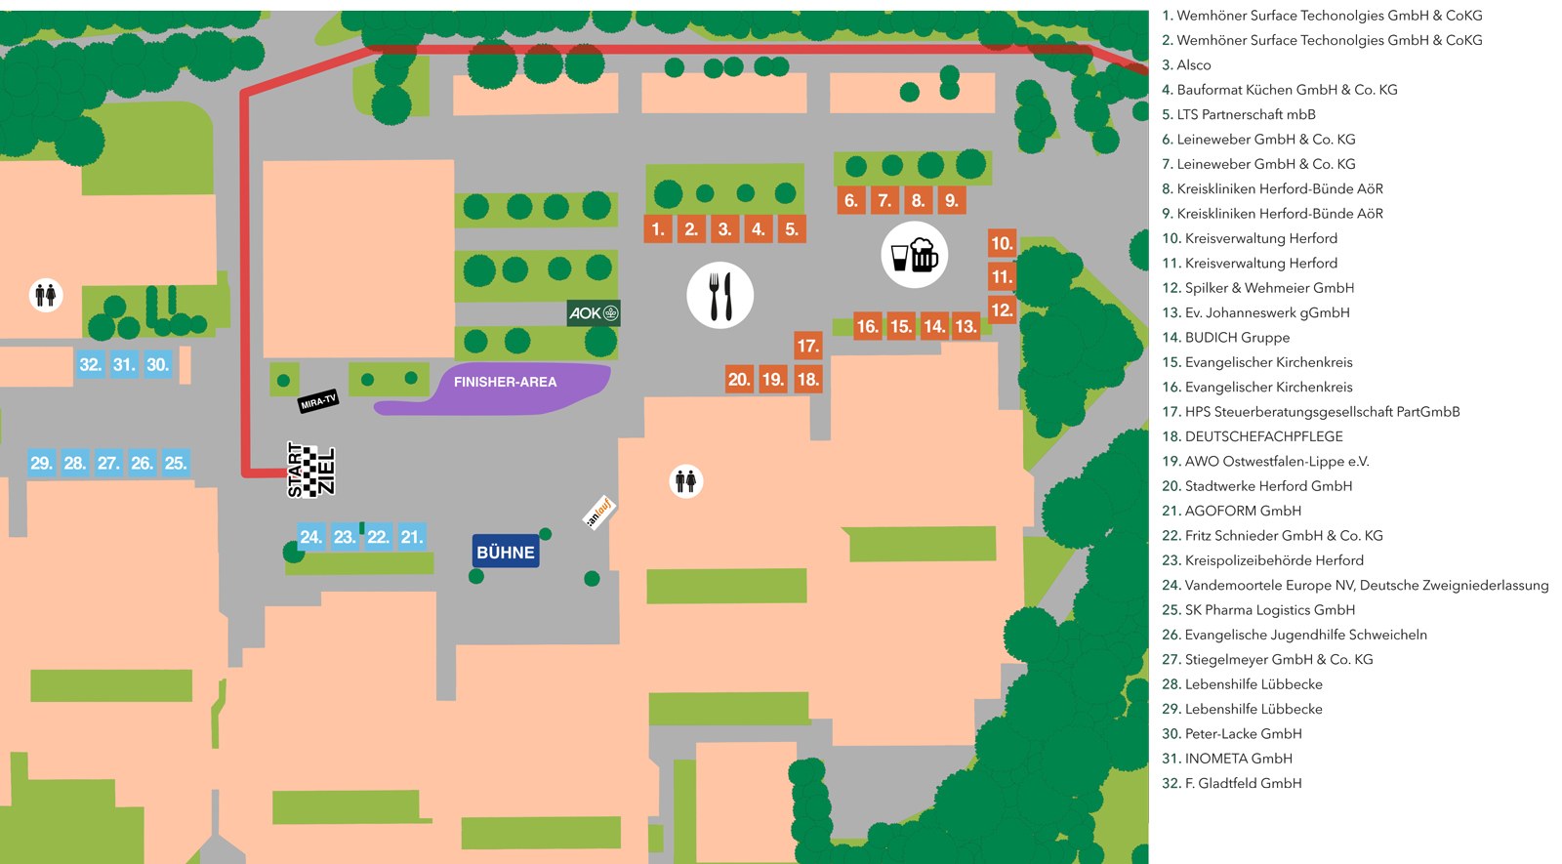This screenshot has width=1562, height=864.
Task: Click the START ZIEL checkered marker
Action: coord(311,470)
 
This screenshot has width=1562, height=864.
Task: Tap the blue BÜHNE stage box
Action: coord(506,552)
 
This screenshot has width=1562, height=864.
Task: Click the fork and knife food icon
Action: coord(719,295)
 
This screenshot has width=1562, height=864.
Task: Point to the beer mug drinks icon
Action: coord(914,255)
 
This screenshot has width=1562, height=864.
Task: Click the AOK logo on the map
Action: coord(594,313)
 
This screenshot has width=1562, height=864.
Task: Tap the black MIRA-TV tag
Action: coord(318,401)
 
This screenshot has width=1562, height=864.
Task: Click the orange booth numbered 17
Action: coord(807,346)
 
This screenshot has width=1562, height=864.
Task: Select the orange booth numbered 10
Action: coord(1002,243)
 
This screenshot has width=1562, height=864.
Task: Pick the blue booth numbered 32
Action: coord(91,364)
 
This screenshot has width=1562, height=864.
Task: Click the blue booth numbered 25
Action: coord(176,463)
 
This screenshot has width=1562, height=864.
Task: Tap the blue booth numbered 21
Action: coord(412,536)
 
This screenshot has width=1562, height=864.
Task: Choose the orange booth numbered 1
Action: coord(658,228)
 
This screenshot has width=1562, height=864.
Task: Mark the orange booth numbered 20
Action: coord(739,379)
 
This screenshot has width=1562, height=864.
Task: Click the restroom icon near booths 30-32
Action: coord(46,295)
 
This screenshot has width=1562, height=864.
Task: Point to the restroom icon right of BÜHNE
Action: coord(686,481)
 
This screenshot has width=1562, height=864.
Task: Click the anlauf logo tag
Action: coord(599,513)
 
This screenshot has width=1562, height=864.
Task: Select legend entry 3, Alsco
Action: coord(1186,64)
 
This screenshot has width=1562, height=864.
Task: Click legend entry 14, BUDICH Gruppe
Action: coord(1226,338)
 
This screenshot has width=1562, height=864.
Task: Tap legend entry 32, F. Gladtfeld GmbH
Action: coord(1231,783)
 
